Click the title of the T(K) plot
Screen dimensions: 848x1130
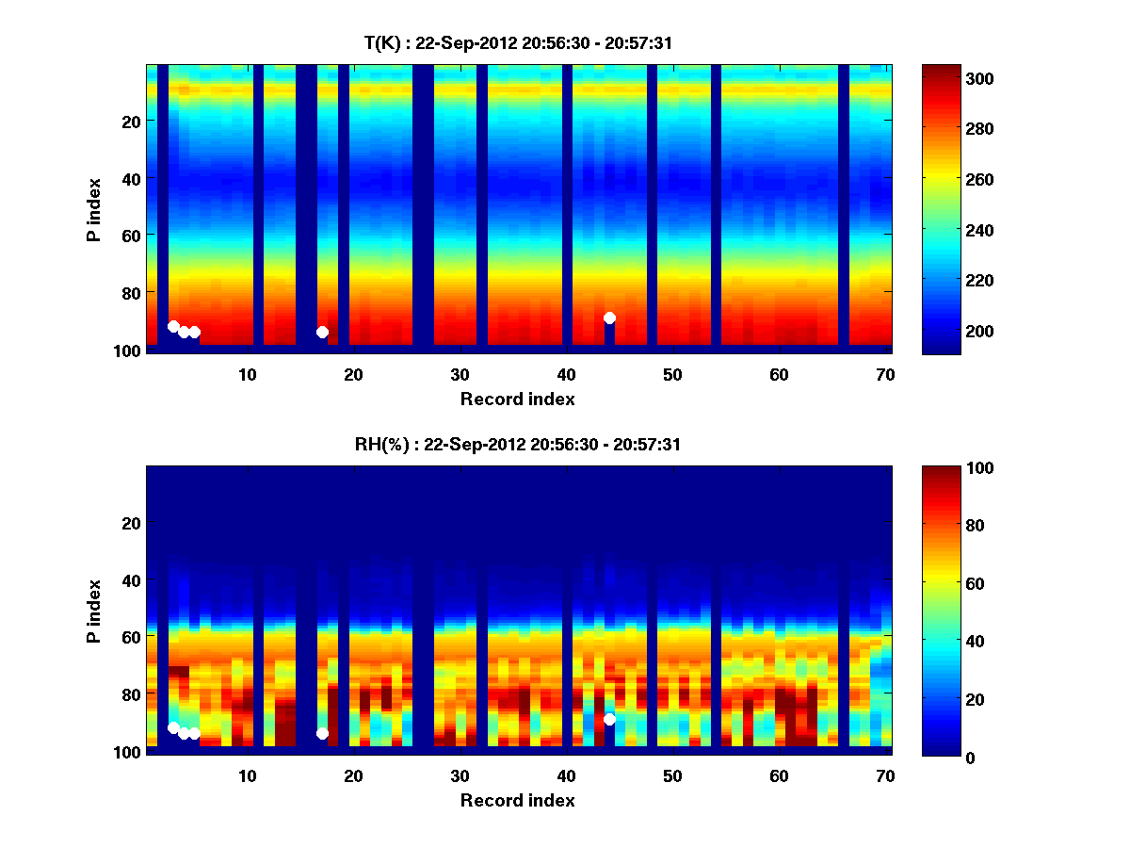(x=517, y=42)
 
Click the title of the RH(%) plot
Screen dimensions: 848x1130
(x=517, y=444)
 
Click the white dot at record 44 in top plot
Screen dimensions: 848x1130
(x=609, y=318)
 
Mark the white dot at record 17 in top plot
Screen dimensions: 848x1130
(x=322, y=332)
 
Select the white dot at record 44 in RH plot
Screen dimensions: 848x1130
(x=609, y=719)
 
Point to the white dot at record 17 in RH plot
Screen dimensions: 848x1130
(x=322, y=733)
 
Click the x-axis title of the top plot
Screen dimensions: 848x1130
(x=517, y=399)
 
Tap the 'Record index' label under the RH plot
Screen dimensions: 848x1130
(x=517, y=800)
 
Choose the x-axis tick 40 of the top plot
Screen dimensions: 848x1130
(x=566, y=374)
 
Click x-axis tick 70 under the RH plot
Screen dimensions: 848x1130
(x=885, y=775)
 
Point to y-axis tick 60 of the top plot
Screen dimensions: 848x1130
(x=129, y=235)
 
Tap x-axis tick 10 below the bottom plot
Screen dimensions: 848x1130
(x=247, y=775)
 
